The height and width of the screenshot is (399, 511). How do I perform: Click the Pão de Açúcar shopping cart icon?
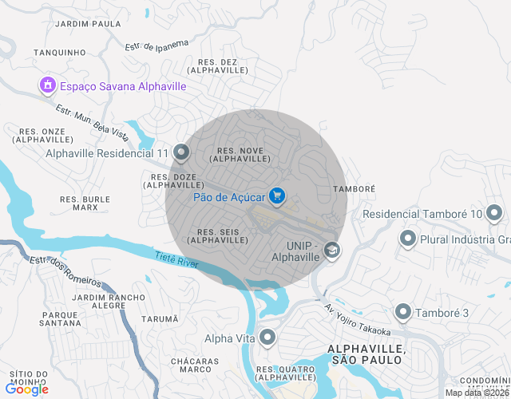pos(277,196)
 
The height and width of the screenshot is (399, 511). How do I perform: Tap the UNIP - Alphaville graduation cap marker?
pos(331,252)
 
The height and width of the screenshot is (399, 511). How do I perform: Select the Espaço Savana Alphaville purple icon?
pos(47,85)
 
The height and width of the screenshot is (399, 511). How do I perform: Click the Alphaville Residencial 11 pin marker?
pos(181,152)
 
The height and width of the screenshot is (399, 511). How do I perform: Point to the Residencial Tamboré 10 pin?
pos(495,213)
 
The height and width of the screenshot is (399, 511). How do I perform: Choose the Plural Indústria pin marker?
pos(408,239)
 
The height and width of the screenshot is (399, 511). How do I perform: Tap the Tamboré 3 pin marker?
pos(403,312)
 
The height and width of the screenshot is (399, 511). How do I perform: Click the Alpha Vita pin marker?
pos(267,338)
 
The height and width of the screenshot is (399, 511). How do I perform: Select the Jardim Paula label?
pos(89,24)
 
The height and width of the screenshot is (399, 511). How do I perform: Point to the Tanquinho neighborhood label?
pos(60,53)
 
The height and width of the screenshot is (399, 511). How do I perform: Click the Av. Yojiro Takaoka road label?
pos(357,319)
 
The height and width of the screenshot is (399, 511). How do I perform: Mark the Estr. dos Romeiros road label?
pos(65,272)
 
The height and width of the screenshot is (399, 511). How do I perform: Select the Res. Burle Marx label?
pos(85,203)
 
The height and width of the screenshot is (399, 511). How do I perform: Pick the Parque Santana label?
pos(60,319)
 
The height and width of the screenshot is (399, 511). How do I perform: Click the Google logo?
pos(26,389)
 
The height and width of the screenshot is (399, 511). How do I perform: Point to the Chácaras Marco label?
pos(196,365)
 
